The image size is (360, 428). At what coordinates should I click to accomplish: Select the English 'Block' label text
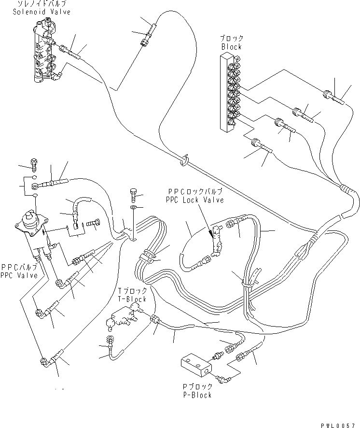coord(231,47)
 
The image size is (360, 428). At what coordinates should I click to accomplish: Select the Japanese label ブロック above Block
coord(232,39)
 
